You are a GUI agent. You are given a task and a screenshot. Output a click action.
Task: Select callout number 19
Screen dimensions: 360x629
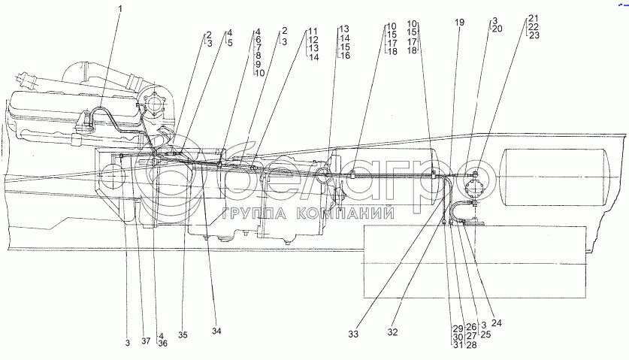[459, 23]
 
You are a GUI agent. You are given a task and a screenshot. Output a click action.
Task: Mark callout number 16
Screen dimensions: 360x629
[344, 56]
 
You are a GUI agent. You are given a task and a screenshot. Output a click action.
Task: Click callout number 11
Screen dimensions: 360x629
[313, 32]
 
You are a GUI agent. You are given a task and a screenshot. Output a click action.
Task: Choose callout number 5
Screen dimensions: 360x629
[230, 42]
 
